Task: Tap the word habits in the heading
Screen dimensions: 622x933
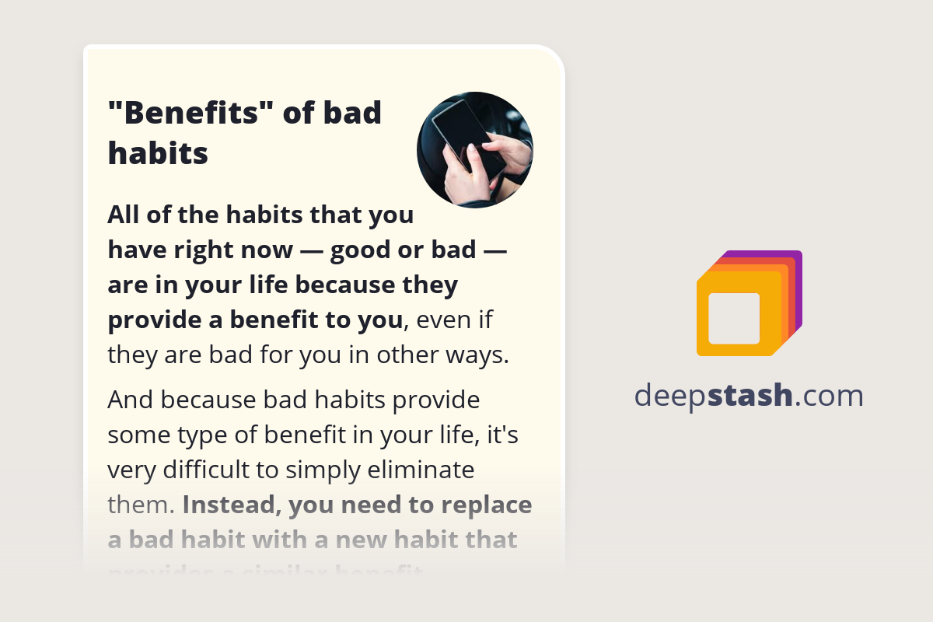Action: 158,153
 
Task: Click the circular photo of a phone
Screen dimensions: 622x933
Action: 475,150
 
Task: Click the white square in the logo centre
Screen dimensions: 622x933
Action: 734,318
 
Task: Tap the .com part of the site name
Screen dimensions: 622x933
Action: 830,396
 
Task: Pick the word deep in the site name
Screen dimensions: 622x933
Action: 671,396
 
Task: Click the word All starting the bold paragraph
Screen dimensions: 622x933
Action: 124,214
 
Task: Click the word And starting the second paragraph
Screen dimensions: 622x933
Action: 128,400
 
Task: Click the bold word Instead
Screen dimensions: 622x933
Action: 232,505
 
